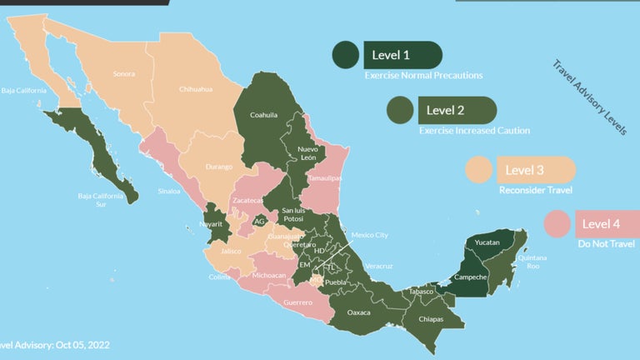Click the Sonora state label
point(124,74)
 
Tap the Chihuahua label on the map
point(196,89)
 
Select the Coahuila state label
point(264,115)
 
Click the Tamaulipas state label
point(325,178)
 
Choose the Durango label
point(218,167)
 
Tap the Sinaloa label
point(168,192)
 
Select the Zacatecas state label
point(248,201)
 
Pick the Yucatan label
point(487,242)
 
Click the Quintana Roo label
point(533,262)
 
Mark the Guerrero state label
point(297,302)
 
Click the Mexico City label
point(368,235)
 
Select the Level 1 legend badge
point(402,55)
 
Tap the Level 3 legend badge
point(536,170)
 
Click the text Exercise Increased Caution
point(473,131)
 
